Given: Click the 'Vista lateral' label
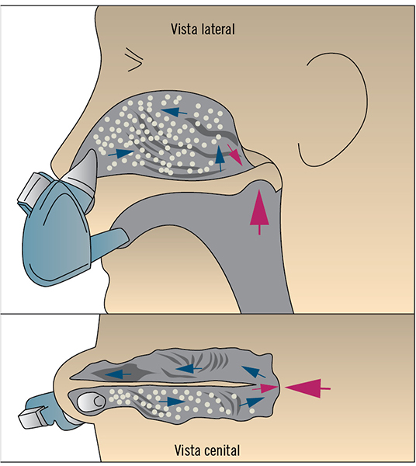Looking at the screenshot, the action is (203, 30).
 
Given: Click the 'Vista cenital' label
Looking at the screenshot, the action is (207, 450).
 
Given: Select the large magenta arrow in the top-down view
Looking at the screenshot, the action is (307, 388).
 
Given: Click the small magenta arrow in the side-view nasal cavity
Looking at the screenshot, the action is (235, 155).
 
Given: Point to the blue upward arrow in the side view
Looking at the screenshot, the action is (220, 158).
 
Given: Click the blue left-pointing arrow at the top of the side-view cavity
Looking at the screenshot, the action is (175, 111).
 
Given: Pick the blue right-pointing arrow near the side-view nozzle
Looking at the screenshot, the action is (121, 153).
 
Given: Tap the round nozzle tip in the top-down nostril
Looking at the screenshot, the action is (91, 402).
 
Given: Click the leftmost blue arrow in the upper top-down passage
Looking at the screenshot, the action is (118, 374).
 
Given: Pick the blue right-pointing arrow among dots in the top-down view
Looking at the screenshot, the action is (172, 402).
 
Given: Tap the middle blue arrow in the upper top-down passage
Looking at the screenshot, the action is (189, 369).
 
